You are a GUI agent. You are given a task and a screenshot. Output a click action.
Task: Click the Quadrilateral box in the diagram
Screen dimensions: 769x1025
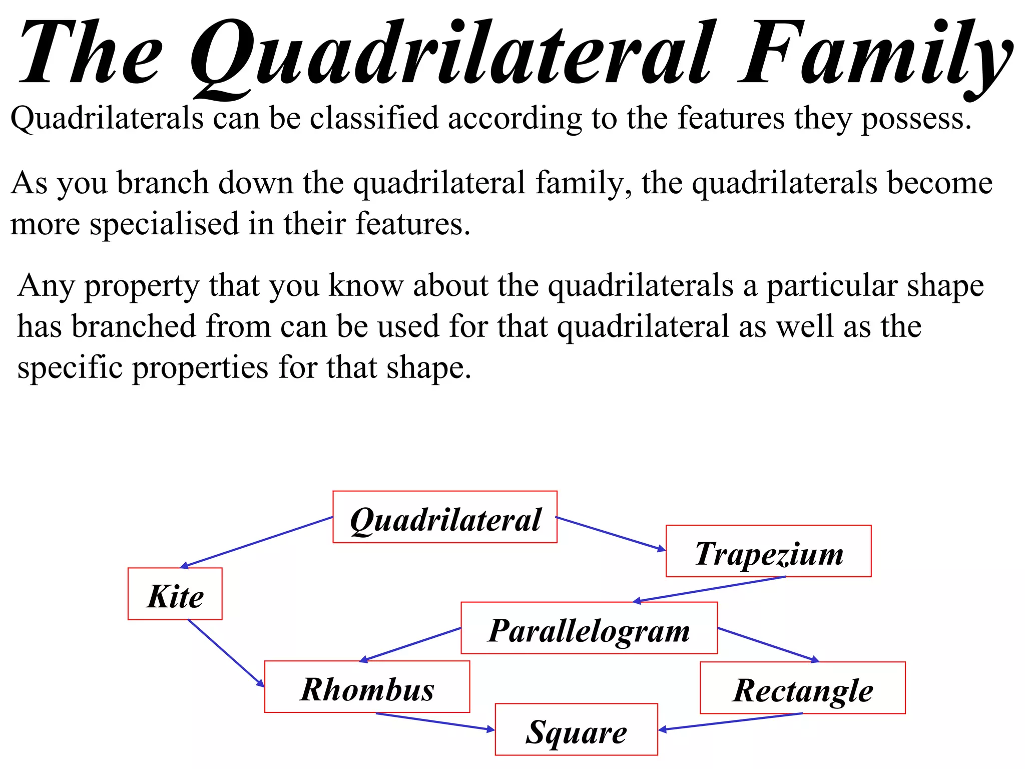[x=444, y=517]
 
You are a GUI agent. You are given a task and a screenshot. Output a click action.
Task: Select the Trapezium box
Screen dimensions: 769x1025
[x=768, y=551]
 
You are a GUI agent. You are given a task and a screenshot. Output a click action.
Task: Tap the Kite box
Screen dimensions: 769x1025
[x=175, y=594]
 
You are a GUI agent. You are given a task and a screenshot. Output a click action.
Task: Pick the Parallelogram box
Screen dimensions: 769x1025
[x=589, y=628]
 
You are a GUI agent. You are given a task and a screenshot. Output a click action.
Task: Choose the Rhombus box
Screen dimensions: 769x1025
[x=367, y=687]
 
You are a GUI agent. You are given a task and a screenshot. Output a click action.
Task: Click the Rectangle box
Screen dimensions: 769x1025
[x=802, y=688]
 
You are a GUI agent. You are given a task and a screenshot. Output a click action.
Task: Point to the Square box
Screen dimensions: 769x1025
[x=576, y=729]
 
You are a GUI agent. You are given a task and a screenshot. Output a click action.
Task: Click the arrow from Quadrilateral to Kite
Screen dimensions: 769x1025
[x=257, y=542]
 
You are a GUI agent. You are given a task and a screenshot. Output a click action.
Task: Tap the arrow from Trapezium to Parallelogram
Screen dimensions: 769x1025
[x=710, y=589]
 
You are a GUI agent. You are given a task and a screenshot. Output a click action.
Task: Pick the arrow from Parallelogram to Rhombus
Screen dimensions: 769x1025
[x=410, y=645]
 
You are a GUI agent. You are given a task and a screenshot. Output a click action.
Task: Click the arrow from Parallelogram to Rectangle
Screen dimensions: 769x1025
[x=768, y=645]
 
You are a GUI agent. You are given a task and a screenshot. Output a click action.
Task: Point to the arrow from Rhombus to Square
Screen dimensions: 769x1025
[x=435, y=722]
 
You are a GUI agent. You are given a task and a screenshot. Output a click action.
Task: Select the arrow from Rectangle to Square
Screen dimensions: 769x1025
[x=731, y=721]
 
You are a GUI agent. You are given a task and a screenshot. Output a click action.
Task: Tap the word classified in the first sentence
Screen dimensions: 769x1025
[x=374, y=119]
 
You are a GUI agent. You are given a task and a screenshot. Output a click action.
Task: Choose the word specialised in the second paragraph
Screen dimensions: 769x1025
[x=164, y=224]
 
